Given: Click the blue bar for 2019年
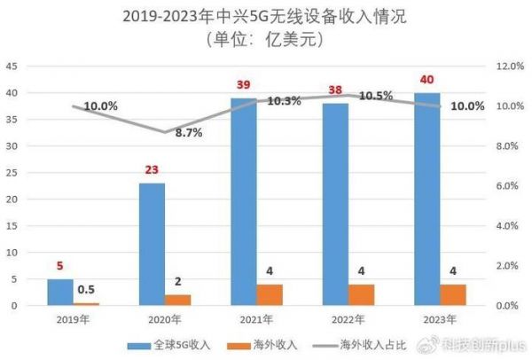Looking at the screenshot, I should [x=60, y=293].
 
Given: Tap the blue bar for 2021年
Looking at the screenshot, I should [x=244, y=202].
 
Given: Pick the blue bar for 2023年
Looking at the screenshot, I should [x=427, y=199].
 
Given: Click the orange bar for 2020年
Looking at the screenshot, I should [x=178, y=300].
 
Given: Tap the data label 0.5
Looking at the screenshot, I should [x=87, y=289].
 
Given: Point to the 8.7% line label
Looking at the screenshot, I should [x=187, y=133].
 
